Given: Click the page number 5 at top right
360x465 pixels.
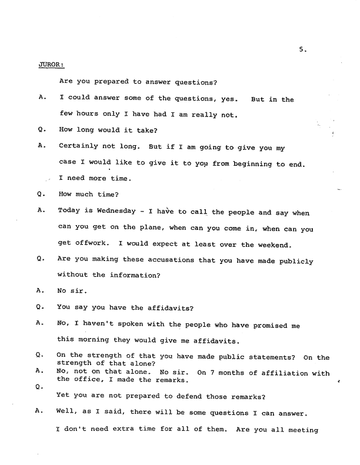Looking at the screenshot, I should (x=301, y=51).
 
